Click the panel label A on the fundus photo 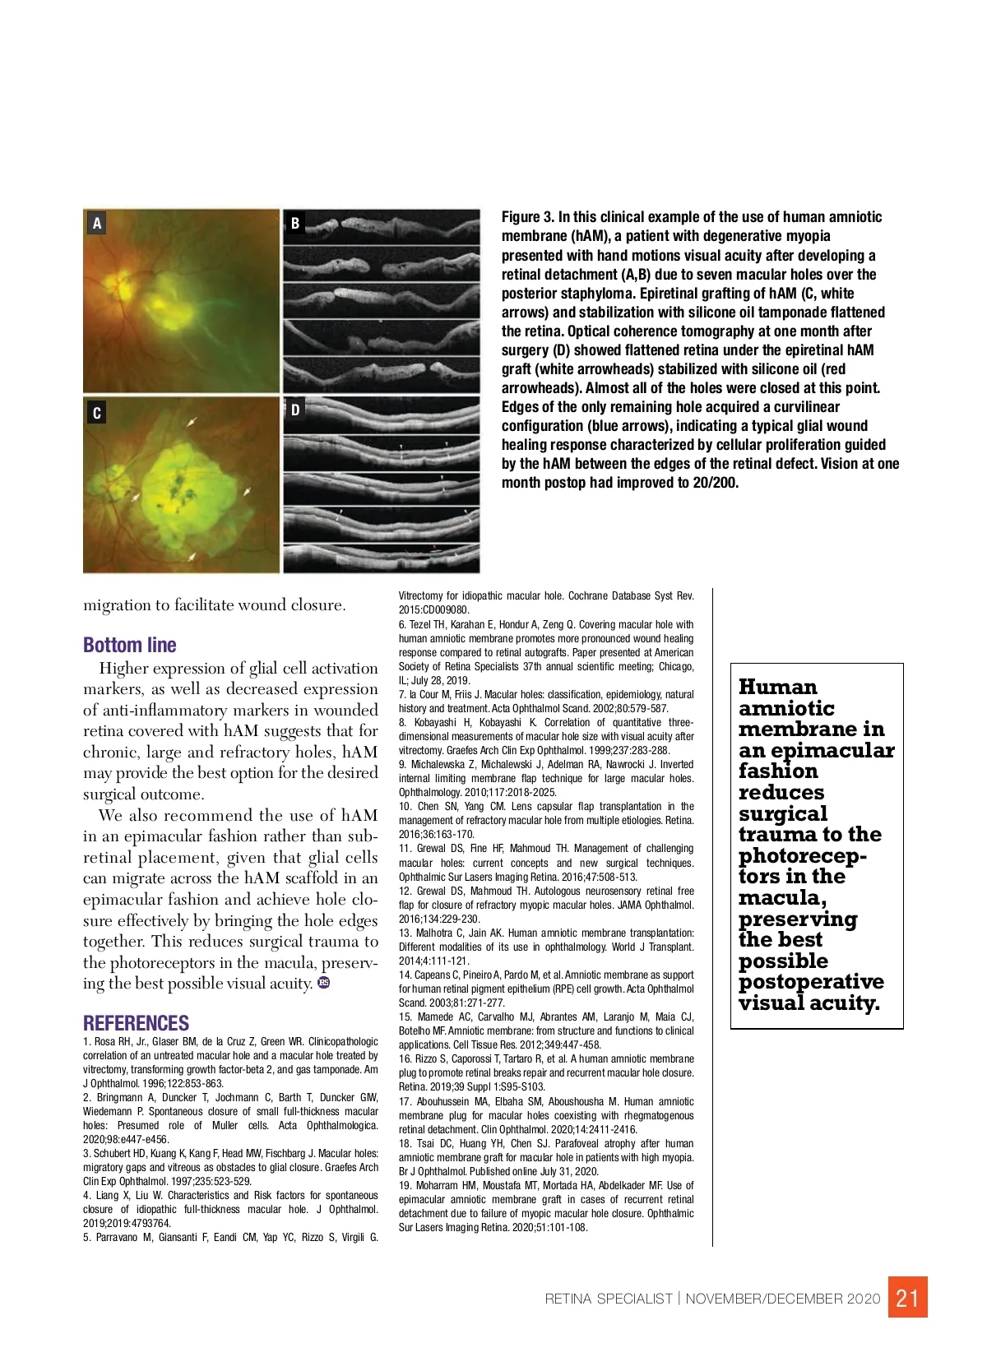pyautogui.click(x=97, y=223)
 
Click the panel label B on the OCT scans pyautogui.click(x=295, y=223)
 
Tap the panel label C pyautogui.click(x=97, y=413)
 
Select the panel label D pyautogui.click(x=295, y=409)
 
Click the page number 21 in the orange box pyautogui.click(x=907, y=1298)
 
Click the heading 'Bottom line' pyautogui.click(x=130, y=645)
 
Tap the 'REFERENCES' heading pyautogui.click(x=136, y=1023)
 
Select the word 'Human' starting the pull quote pyautogui.click(x=777, y=687)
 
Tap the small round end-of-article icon pyautogui.click(x=324, y=983)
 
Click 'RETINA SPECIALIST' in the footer pyautogui.click(x=609, y=1299)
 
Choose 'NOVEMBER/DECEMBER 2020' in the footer pyautogui.click(x=782, y=1299)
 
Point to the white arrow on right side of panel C pyautogui.click(x=247, y=492)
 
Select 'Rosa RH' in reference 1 pyautogui.click(x=105, y=1041)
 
